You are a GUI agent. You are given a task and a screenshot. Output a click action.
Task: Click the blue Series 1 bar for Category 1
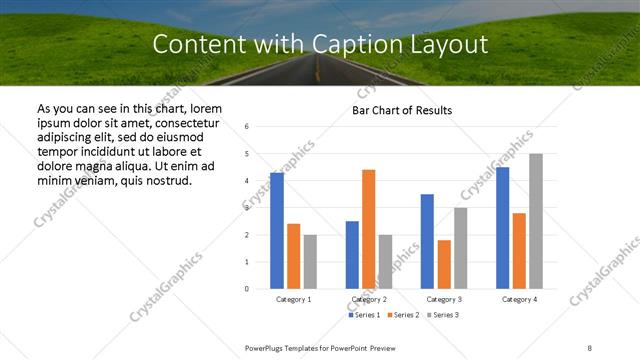[277, 231]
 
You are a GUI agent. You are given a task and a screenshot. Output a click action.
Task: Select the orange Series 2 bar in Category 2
[368, 229]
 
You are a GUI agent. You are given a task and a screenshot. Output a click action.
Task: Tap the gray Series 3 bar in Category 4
[536, 221]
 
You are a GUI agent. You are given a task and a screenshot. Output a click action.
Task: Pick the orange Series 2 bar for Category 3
[444, 264]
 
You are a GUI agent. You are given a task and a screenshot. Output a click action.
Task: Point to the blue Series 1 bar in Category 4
[502, 228]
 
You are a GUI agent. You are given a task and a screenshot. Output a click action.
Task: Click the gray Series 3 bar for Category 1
[310, 262]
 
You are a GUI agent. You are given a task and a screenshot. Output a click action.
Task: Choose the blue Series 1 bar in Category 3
[427, 241]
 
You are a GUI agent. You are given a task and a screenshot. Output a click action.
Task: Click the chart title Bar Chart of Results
[402, 110]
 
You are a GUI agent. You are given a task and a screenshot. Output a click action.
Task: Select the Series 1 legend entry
[365, 315]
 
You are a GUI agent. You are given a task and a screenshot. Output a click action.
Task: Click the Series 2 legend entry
[403, 315]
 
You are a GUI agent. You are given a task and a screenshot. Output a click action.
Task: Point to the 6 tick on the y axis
[247, 127]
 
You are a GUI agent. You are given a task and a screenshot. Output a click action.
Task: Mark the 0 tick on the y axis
[247, 289]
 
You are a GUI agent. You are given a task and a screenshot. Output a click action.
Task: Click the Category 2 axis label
[369, 299]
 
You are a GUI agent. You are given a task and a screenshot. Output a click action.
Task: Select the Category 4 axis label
[519, 299]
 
